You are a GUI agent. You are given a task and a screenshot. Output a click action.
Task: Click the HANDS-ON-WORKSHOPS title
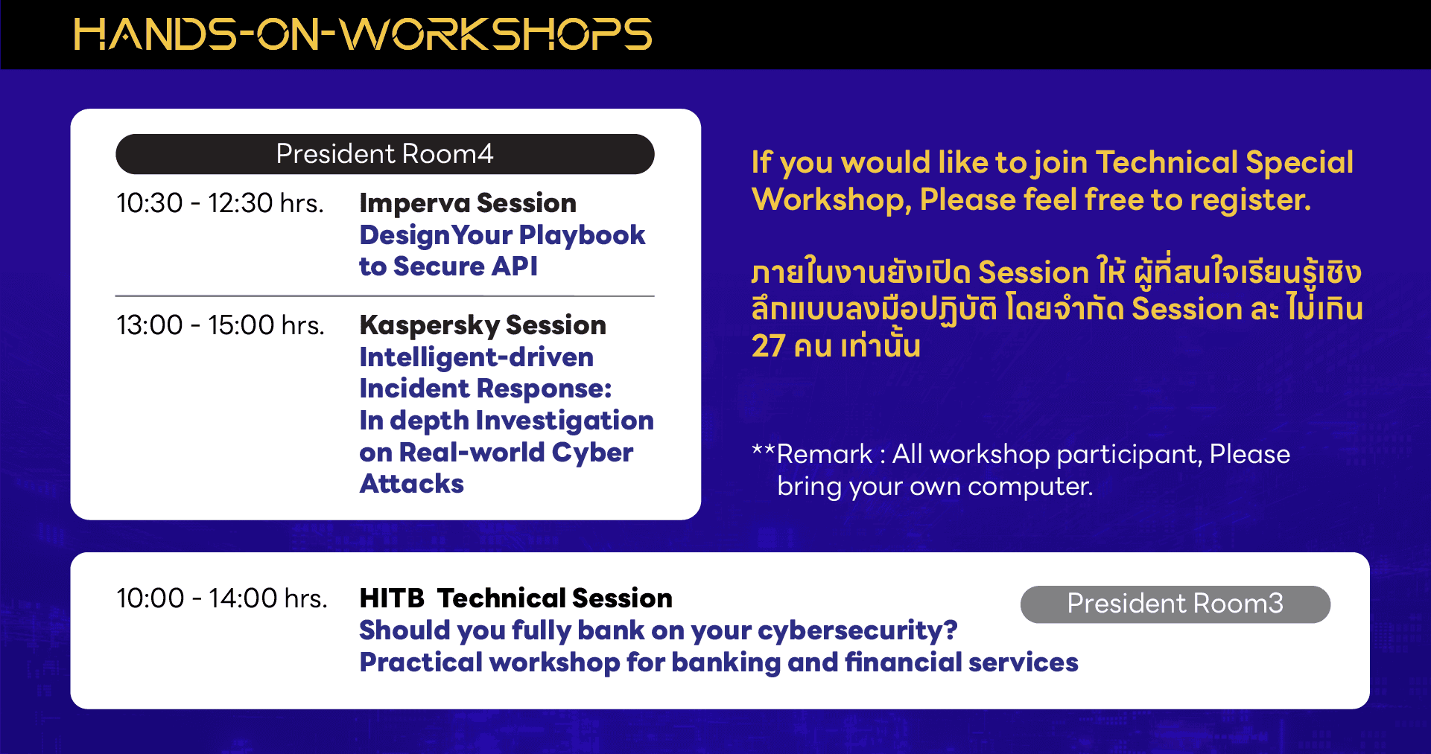(x=363, y=35)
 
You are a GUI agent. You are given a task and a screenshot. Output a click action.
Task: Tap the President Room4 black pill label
(x=385, y=154)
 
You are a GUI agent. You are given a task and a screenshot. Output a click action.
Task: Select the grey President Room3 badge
(x=1175, y=604)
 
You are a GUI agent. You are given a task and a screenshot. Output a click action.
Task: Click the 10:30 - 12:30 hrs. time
(x=220, y=203)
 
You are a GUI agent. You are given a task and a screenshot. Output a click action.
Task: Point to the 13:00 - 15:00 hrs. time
(x=220, y=325)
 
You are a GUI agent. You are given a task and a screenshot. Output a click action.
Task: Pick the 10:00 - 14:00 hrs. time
(x=222, y=598)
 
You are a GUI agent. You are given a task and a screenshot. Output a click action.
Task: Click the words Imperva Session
(x=468, y=203)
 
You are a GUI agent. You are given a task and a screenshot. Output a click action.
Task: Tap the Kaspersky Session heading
(x=483, y=325)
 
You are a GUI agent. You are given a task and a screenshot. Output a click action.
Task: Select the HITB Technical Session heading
(x=515, y=598)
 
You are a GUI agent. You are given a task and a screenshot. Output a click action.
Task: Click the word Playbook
(x=582, y=235)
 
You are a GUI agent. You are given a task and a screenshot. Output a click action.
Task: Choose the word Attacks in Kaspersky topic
(x=412, y=484)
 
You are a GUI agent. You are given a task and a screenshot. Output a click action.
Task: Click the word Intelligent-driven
(x=477, y=357)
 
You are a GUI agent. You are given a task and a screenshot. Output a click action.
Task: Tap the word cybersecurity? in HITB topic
(x=857, y=630)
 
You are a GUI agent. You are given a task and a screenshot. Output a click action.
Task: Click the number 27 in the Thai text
(x=768, y=346)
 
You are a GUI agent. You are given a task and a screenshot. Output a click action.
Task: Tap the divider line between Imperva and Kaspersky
(x=385, y=296)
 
